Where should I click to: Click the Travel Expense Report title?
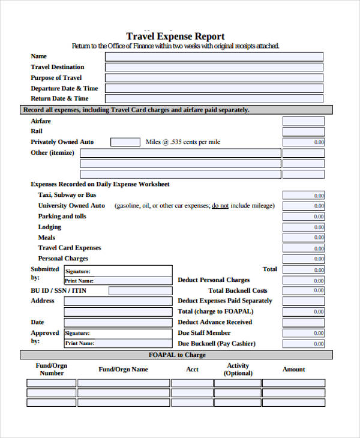coord(175,36)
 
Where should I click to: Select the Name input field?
coord(214,56)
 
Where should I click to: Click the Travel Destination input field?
coord(214,67)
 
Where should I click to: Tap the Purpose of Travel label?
coord(56,78)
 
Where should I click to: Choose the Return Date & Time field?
coord(214,99)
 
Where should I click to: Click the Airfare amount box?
coord(304,121)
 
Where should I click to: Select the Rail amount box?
coord(304,131)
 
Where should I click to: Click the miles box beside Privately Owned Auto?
coord(125,142)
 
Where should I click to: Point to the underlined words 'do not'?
coord(220,206)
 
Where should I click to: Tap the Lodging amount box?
coord(304,227)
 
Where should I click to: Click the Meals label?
coord(47,238)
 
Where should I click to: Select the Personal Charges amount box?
coord(304,259)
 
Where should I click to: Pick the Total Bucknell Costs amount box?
coord(304,290)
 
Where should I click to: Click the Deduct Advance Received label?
coord(215,322)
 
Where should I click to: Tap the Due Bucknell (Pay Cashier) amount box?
coord(304,344)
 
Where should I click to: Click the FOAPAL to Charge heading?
coord(177,355)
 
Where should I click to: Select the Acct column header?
coord(192,370)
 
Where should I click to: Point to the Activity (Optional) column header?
coord(238,370)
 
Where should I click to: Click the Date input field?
coord(118,322)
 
